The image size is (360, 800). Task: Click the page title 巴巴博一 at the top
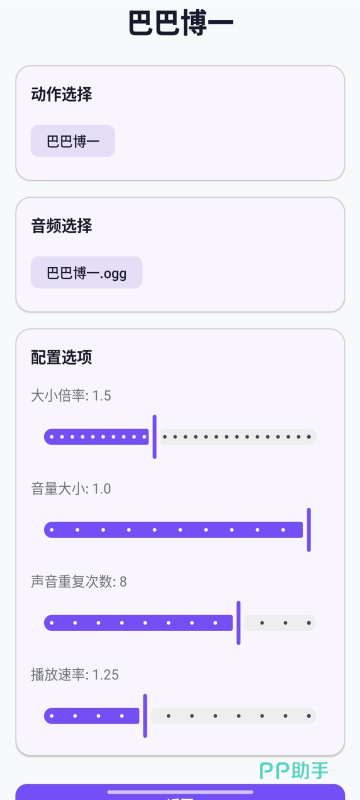(x=181, y=23)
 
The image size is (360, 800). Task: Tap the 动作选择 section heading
(x=62, y=94)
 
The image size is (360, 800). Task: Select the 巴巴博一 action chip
(x=73, y=141)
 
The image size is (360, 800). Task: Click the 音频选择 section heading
(x=62, y=226)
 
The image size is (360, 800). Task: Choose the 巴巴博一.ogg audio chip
(x=87, y=272)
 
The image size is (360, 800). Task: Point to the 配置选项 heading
(x=62, y=358)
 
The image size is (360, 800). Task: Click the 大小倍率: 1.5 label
(x=71, y=395)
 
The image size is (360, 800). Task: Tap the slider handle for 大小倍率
(x=155, y=437)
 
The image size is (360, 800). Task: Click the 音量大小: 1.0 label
(x=71, y=489)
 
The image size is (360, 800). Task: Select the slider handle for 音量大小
(x=309, y=530)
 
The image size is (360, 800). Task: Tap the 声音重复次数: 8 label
(x=79, y=582)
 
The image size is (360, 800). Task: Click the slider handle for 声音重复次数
(x=239, y=623)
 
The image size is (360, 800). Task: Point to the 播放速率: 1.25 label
(x=75, y=675)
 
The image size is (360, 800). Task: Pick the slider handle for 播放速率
(x=145, y=716)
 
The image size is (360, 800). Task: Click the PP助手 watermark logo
(x=294, y=770)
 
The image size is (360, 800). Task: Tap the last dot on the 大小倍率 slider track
(x=309, y=437)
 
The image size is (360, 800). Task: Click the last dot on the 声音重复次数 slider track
(x=309, y=623)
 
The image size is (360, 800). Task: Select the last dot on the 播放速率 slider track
(x=309, y=716)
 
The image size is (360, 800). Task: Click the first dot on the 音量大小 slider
(x=52, y=530)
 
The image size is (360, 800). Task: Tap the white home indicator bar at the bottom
(x=180, y=792)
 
